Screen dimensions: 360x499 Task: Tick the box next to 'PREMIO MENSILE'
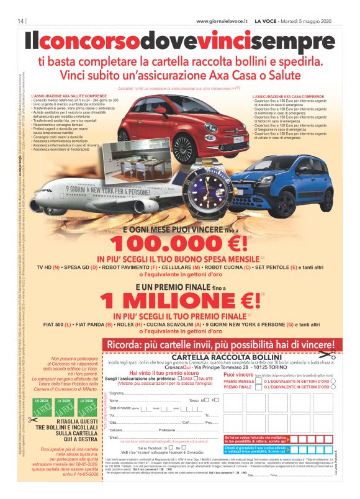259,381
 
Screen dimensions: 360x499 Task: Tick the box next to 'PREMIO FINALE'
259,387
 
